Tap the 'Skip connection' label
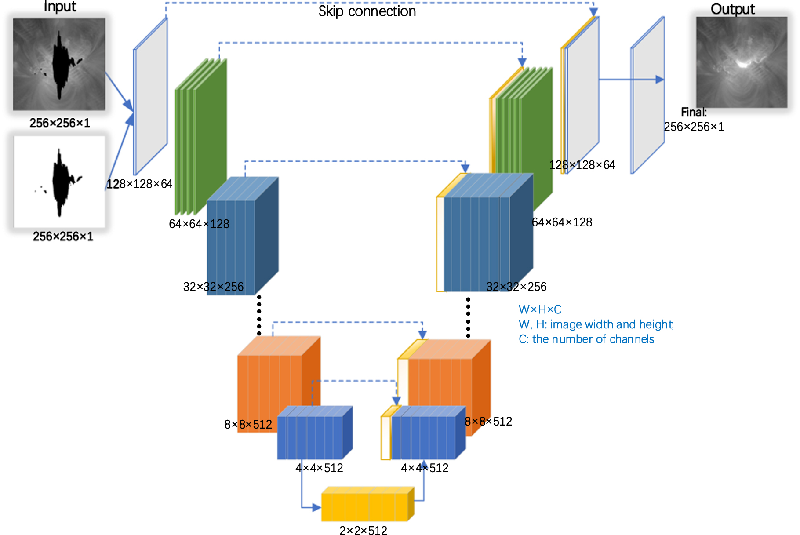pos(367,11)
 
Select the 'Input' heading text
pos(60,6)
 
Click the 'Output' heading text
pos(732,9)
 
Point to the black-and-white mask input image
pos(59,182)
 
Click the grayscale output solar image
pos(742,62)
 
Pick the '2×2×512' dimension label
pos(363,531)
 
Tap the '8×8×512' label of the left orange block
pos(248,424)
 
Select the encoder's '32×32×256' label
pos(213,287)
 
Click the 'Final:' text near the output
pos(694,112)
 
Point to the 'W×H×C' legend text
pos(540,309)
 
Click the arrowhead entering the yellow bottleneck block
pos(317,507)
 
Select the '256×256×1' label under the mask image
pos(63,237)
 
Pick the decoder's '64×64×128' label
pos(562,222)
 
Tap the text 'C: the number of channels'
pos(586,339)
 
